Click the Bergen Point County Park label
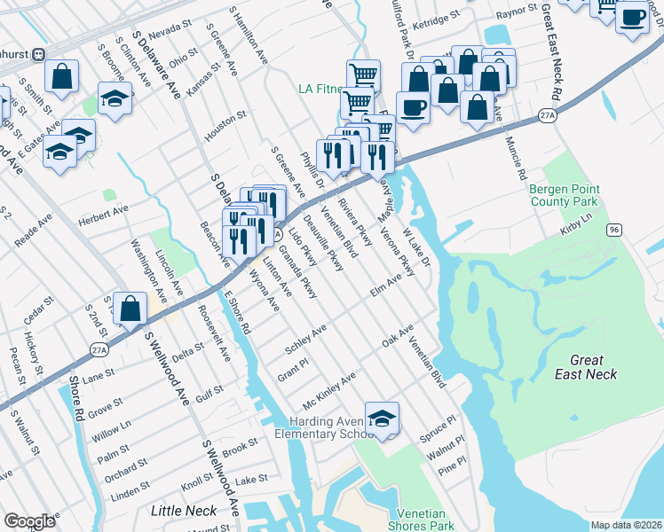click(565, 195)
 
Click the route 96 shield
click(613, 230)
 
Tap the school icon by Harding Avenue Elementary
click(382, 419)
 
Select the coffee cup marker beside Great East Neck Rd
click(632, 18)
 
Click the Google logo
click(29, 521)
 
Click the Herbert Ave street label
click(103, 215)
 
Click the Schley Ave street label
click(305, 340)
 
